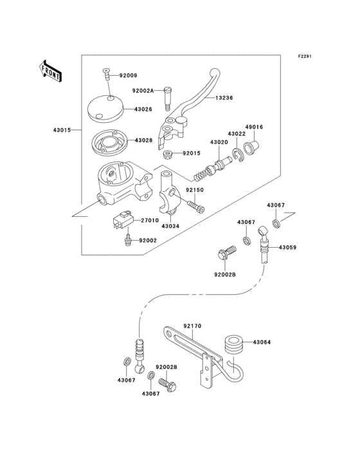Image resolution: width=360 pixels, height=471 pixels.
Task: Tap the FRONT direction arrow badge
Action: point(51,70)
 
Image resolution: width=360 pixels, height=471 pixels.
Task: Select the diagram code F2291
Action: point(304,57)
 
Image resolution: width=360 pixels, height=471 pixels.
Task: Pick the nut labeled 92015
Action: point(166,154)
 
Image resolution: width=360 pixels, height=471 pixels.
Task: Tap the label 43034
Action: point(170,226)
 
